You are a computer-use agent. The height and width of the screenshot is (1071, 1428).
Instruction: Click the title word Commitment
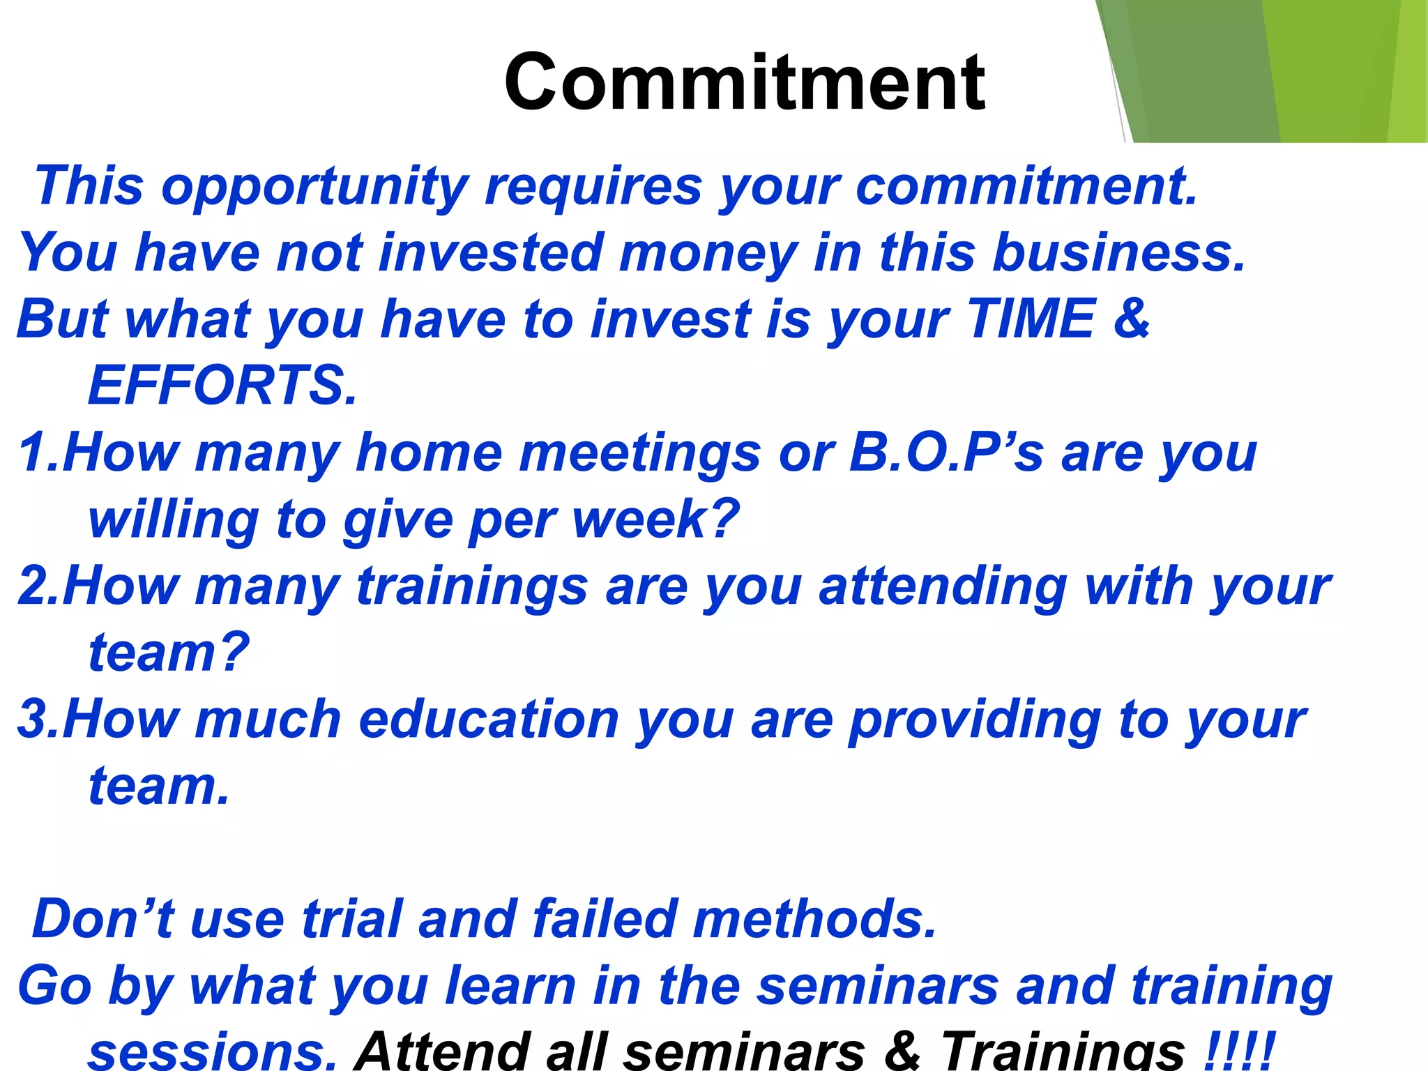[744, 83]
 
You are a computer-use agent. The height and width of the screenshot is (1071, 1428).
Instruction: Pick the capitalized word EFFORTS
[222, 385]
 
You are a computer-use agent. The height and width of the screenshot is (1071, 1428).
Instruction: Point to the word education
[488, 719]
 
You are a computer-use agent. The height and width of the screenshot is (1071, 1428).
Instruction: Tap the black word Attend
[443, 1050]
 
